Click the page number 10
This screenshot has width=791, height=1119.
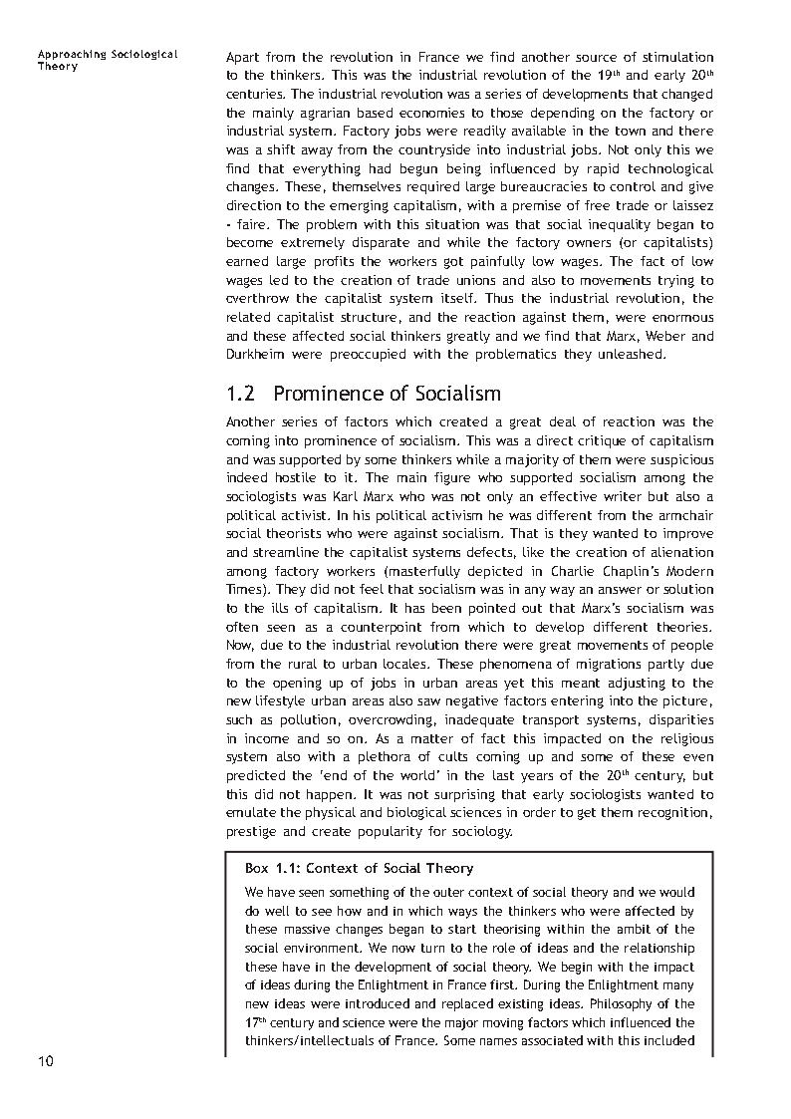(46, 1060)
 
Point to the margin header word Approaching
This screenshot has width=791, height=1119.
(71, 54)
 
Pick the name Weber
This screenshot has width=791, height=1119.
(664, 336)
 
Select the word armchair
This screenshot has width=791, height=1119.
(686, 515)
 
